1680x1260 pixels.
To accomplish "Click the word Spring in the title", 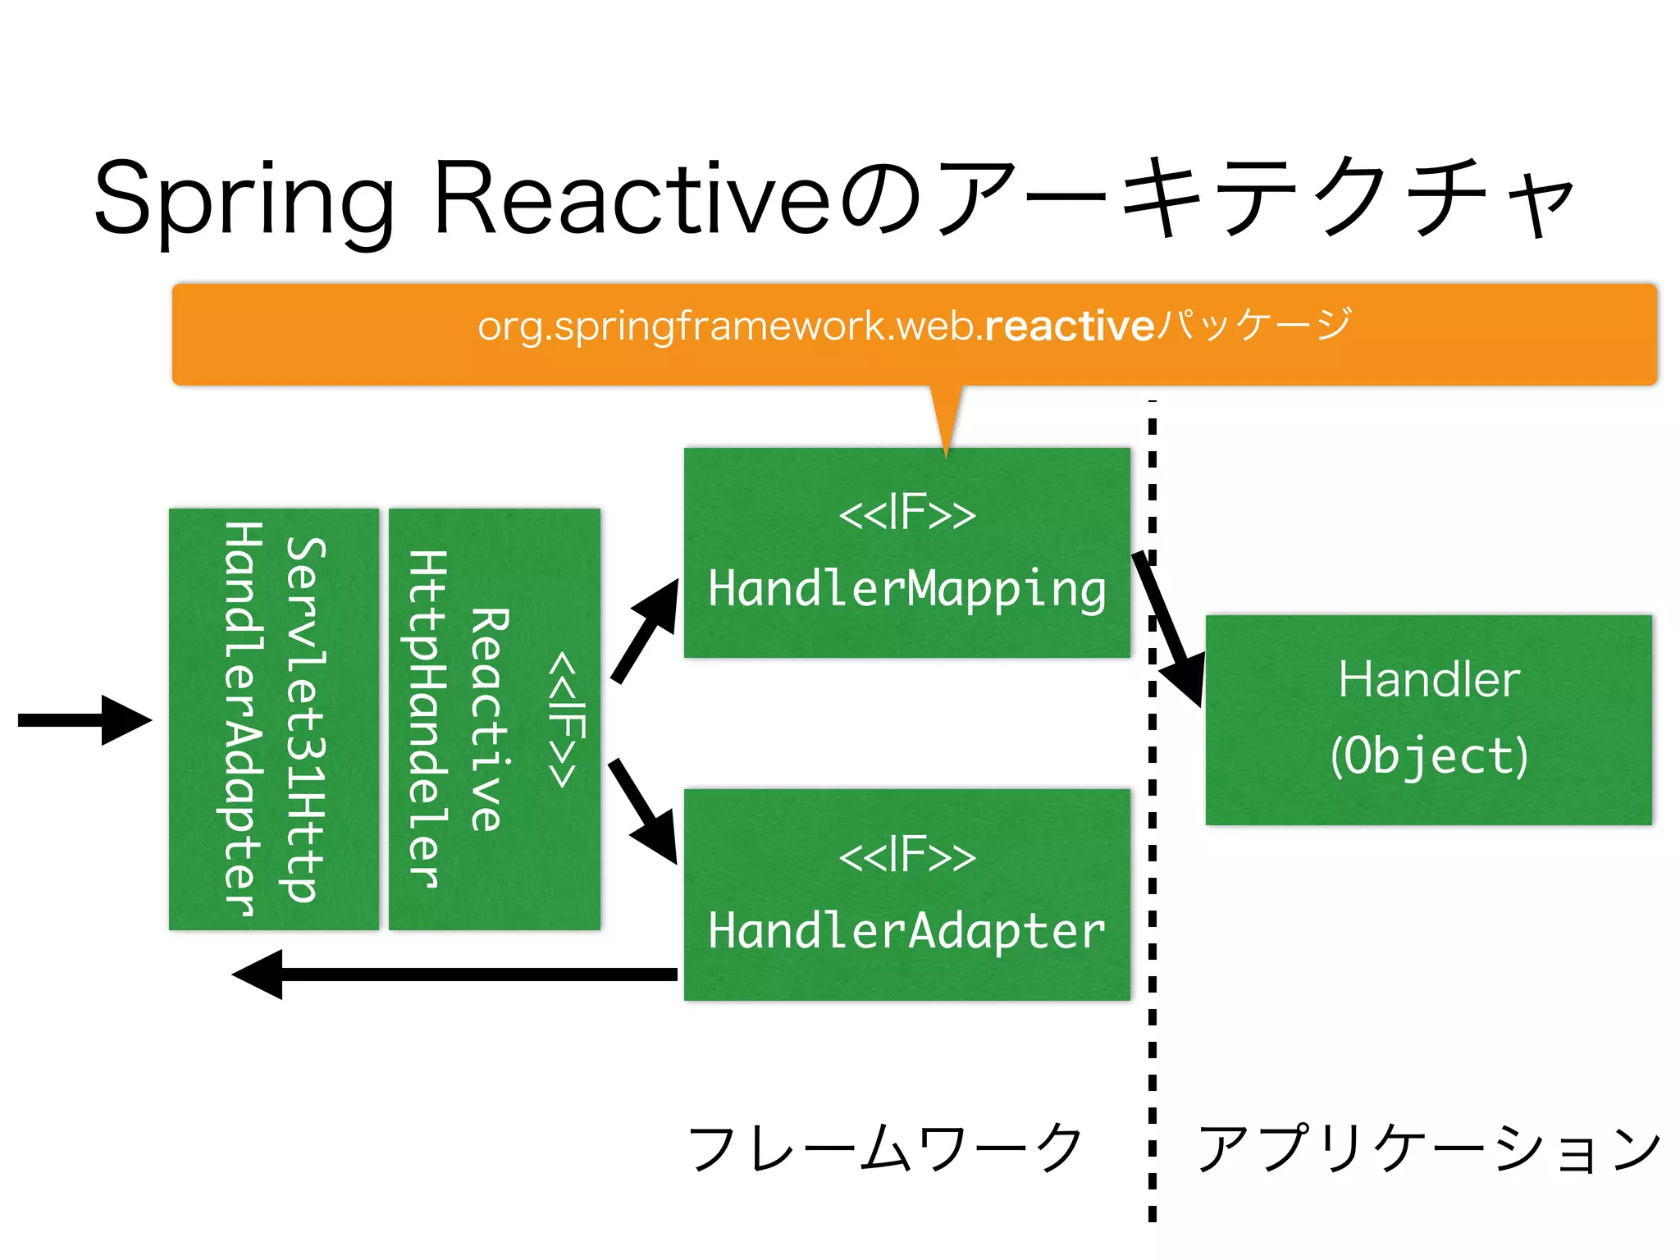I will coord(243,199).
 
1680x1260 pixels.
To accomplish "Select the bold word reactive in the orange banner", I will coord(1070,326).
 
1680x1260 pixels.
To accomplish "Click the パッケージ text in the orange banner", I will coord(1253,325).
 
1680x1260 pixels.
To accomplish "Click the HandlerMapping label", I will coord(907,589).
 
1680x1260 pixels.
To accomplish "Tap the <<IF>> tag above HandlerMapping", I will coord(907,514).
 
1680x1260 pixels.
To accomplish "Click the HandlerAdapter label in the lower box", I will coord(907,931).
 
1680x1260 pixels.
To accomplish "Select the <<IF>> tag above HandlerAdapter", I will coord(907,856).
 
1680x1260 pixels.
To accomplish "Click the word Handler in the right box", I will coord(1429,680).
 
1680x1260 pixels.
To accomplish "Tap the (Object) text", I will coord(1429,756).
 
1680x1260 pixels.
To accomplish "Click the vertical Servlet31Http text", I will coord(306,719).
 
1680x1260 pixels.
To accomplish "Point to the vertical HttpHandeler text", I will coord(428,719).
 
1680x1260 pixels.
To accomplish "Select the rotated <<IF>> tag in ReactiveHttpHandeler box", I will coord(567,719).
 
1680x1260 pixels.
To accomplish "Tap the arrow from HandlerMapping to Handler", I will coord(1170,632).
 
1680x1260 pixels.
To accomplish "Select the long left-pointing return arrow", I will coord(455,974).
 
